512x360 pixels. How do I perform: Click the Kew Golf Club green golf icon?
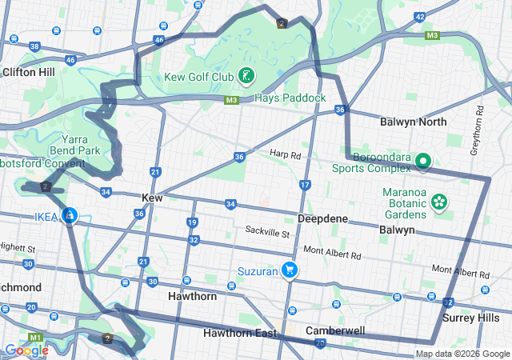point(246,77)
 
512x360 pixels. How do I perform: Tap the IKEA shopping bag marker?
point(70,215)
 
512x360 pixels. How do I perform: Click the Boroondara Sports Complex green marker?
point(422,162)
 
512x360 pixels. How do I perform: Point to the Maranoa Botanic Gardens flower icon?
point(438,200)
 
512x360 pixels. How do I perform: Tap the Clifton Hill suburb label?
point(28,72)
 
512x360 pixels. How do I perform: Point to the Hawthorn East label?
point(239,333)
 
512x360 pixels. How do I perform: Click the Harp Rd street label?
point(284,154)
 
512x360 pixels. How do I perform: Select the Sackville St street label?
point(267,233)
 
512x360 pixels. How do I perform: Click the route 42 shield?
point(418,17)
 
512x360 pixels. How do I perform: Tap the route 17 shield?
point(305,185)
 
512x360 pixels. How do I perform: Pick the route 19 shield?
point(192,222)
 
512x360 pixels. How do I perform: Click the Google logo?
point(26,350)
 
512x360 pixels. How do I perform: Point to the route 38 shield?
point(34,46)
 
